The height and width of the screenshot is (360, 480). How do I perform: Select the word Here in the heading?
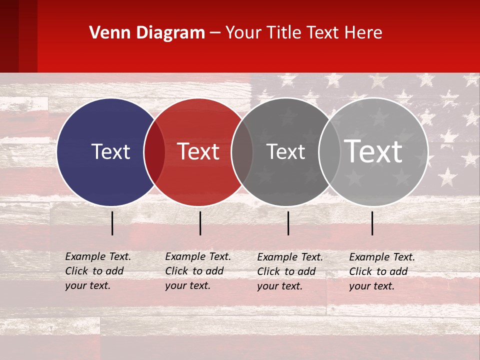point(363,33)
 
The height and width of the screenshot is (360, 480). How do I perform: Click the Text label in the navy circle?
point(110,151)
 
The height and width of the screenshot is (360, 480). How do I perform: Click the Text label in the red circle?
point(198,151)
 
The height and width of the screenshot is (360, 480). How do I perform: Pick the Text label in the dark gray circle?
point(285,151)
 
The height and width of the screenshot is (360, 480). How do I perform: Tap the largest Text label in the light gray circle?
point(373,151)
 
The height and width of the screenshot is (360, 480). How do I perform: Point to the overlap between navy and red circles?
point(154,152)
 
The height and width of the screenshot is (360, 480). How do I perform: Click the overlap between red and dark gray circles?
point(242,152)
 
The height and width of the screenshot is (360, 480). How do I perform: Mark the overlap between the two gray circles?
point(329,152)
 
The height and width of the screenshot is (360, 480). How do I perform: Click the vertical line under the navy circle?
point(112,223)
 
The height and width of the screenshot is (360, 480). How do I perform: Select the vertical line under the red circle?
point(200,223)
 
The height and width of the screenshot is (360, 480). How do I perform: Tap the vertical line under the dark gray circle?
point(288,223)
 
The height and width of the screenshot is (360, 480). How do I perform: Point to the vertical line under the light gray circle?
point(372,223)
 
